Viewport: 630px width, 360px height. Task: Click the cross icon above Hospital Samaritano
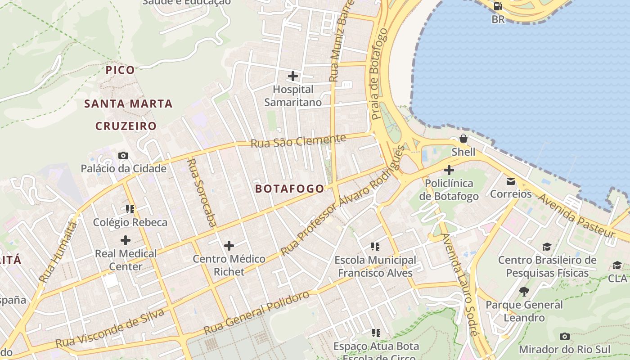pos(293,76)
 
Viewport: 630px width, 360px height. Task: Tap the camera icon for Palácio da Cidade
pos(123,156)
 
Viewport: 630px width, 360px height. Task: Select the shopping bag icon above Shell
pos(463,139)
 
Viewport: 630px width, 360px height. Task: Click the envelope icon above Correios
pos(511,181)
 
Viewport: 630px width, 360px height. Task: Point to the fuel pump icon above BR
pos(498,6)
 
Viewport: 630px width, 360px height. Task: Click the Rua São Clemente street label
pos(298,141)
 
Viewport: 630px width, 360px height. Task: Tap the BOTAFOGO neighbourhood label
pos(289,189)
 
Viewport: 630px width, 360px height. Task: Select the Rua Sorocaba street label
pos(202,192)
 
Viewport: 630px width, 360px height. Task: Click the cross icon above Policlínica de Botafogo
pos(449,170)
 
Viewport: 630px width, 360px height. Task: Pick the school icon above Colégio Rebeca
pos(130,209)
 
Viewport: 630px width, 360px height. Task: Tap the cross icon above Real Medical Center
pos(126,240)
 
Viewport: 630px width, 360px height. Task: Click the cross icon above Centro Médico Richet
pos(229,246)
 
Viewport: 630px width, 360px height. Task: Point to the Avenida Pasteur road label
pos(576,216)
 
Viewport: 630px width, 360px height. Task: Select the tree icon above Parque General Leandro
pos(524,292)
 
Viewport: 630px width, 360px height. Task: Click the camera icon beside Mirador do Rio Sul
pos(564,337)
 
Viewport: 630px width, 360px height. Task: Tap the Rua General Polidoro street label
pos(256,313)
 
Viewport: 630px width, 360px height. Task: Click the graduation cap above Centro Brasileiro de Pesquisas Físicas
pos(547,247)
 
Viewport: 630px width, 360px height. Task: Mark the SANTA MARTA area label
pos(129,104)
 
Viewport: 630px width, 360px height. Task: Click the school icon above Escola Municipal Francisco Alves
pos(375,247)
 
